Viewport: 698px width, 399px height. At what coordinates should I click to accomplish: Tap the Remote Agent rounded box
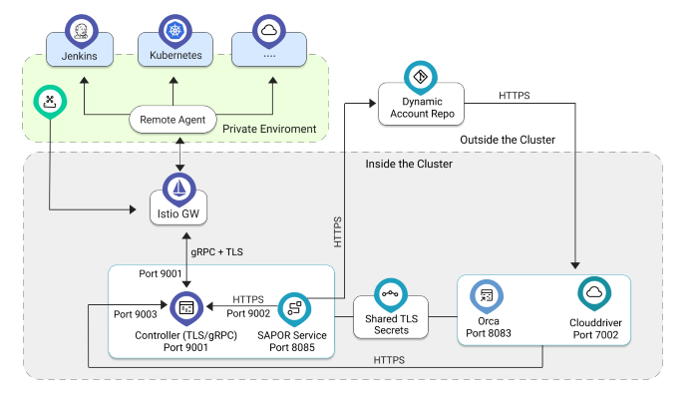coord(173,121)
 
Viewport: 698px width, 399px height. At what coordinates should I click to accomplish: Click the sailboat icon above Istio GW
coord(178,188)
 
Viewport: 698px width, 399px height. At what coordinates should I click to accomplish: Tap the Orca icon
coord(488,296)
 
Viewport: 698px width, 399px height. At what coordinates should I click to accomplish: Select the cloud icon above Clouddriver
coord(594,293)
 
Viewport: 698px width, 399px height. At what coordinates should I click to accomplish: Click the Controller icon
coord(185,307)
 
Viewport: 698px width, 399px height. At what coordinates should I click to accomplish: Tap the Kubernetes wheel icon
coord(174,31)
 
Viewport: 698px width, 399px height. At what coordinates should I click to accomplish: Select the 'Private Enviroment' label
coord(269,129)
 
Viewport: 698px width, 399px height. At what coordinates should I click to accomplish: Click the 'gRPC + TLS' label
coord(217,251)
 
